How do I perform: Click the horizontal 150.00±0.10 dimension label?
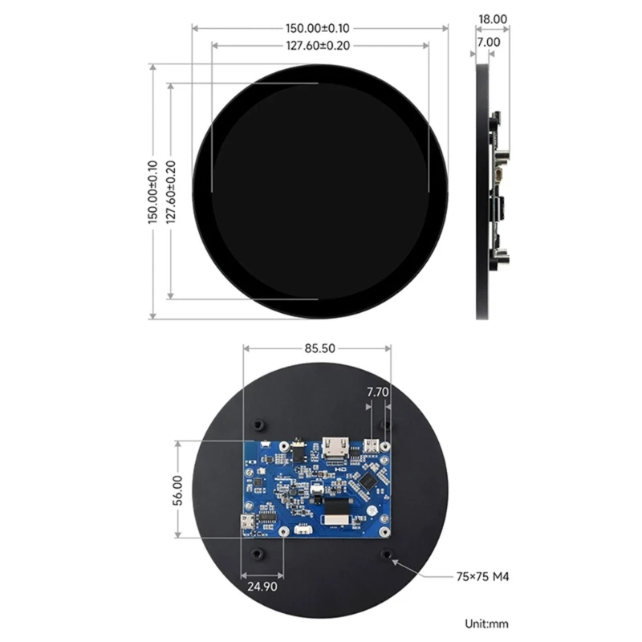[x=319, y=28]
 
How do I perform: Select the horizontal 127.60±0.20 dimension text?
[x=319, y=46]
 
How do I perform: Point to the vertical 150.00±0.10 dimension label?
[x=152, y=192]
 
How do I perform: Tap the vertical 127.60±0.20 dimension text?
[x=169, y=192]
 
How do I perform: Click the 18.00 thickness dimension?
[x=492, y=18]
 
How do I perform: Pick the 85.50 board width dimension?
[x=318, y=349]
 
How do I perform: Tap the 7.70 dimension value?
[x=378, y=392]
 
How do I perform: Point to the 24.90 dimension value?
[x=262, y=587]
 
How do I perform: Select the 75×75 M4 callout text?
[x=481, y=575]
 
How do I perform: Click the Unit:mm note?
[x=486, y=623]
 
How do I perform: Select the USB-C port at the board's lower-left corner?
[x=249, y=524]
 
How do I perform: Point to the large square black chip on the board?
[x=368, y=481]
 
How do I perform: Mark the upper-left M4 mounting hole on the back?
[x=258, y=424]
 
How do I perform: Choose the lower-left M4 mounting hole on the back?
[x=258, y=554]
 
